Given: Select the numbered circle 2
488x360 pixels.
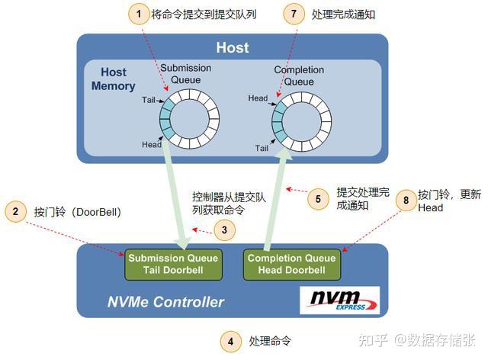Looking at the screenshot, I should click(15, 211).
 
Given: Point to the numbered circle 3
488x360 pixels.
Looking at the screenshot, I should click(223, 229).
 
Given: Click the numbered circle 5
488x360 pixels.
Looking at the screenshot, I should click(318, 200).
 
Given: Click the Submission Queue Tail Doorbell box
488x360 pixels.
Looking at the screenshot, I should click(173, 264).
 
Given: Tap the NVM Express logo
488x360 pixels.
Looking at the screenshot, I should click(338, 298).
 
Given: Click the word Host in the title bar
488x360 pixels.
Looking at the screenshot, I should click(232, 47).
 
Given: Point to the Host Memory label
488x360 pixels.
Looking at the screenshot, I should click(114, 79).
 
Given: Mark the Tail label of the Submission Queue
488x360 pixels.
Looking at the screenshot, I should click(149, 100).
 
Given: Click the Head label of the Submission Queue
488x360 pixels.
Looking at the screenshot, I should click(151, 144).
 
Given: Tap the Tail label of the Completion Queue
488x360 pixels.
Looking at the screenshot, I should click(262, 148).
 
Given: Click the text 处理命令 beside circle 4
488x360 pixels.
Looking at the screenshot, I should click(270, 341).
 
